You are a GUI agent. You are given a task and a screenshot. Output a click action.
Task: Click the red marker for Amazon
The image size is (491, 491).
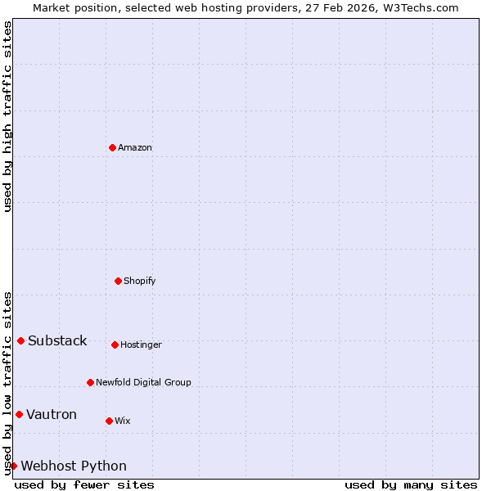coord(112,147)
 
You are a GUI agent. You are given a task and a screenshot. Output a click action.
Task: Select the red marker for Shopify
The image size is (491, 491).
coord(118,281)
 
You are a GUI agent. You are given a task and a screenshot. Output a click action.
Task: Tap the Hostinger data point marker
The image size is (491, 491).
coord(115,345)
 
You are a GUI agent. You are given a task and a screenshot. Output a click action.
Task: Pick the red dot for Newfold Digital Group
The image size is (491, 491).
coord(90,382)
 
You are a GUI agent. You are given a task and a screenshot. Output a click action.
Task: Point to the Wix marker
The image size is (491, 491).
coord(109,421)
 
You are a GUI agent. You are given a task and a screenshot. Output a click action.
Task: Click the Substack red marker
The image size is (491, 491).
coord(20,340)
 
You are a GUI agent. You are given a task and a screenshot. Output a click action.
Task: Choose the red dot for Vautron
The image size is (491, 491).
coord(19,414)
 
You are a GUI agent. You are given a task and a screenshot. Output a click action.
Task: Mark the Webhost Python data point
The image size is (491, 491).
coord(13,466)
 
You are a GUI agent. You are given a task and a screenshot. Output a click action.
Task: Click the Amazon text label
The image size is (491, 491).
coord(135,147)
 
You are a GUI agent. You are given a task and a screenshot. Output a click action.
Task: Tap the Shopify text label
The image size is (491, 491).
coord(140,281)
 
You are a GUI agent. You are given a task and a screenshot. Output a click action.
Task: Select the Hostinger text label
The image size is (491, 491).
coord(141,345)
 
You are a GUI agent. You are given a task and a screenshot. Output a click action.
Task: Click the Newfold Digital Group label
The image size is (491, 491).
coord(143,382)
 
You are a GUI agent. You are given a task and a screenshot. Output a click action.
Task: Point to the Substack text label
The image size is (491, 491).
coord(57,340)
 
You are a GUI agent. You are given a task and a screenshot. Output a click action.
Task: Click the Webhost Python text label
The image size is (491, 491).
coord(74,466)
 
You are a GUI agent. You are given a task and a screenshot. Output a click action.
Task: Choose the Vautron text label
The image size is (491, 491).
coord(52,414)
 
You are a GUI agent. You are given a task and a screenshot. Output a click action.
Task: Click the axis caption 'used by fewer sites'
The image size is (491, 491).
coord(84,484)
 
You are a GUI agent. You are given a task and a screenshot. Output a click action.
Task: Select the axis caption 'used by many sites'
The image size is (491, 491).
coord(411,484)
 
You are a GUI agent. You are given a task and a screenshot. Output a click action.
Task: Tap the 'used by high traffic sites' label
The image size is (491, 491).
coord(8,116)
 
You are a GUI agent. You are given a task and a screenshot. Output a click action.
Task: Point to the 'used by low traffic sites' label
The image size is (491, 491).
coord(8,383)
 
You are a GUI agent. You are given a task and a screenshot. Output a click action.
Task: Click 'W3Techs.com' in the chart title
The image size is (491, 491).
coord(421,7)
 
